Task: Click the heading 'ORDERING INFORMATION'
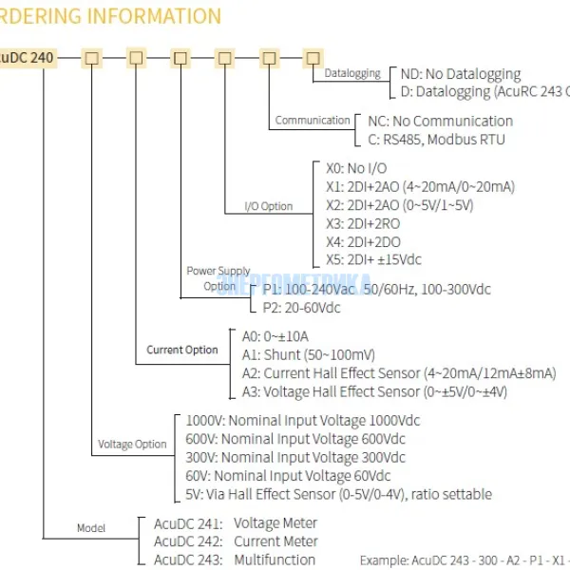tap(109, 16)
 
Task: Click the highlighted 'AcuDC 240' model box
tap(28, 58)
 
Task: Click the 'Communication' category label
tap(313, 121)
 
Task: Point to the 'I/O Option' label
tap(269, 206)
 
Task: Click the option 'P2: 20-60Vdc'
tap(301, 307)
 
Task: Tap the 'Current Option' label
tap(182, 350)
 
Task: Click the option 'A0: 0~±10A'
tap(275, 336)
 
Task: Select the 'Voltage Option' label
tap(132, 444)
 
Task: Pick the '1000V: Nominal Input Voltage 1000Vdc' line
tap(302, 420)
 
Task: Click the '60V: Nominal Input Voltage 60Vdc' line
tap(288, 475)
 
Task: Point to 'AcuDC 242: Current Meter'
tap(235, 541)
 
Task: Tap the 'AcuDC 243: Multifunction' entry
tap(234, 560)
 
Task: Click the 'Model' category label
tap(91, 528)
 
